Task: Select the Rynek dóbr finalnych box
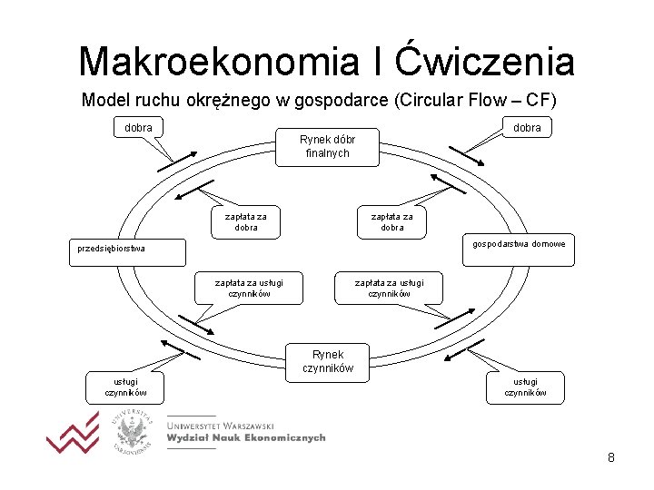pos(327,147)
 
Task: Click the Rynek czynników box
pos(327,361)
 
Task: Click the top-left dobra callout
pos(139,128)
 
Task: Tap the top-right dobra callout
pos(527,128)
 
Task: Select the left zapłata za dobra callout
pos(245,222)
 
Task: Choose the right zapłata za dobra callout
pos(391,222)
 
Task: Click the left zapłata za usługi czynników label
pos(249,289)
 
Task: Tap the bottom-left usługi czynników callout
pos(126,387)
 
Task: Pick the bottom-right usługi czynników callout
pos(526,387)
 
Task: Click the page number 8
pos(611,457)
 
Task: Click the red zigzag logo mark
pos(73,436)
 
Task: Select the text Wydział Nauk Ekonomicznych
pos(245,437)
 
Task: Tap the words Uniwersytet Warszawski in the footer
pos(221,424)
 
